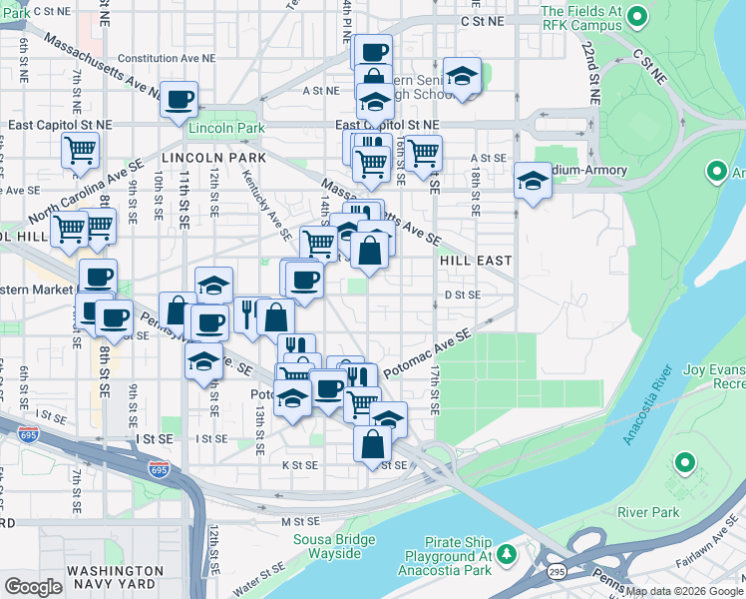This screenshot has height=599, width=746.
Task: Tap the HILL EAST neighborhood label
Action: [x=476, y=261]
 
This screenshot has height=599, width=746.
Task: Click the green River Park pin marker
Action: [x=684, y=463]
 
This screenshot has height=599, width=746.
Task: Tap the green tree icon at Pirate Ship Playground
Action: [x=507, y=553]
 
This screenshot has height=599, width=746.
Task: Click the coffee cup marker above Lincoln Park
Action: [x=180, y=99]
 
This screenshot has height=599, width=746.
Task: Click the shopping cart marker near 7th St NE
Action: [x=80, y=150]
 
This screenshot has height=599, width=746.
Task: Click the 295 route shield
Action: [x=558, y=570]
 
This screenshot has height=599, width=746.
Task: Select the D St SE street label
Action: [x=463, y=296]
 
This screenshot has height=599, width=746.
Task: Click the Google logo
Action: [x=33, y=587]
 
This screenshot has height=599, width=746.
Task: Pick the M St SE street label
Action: [x=298, y=521]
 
